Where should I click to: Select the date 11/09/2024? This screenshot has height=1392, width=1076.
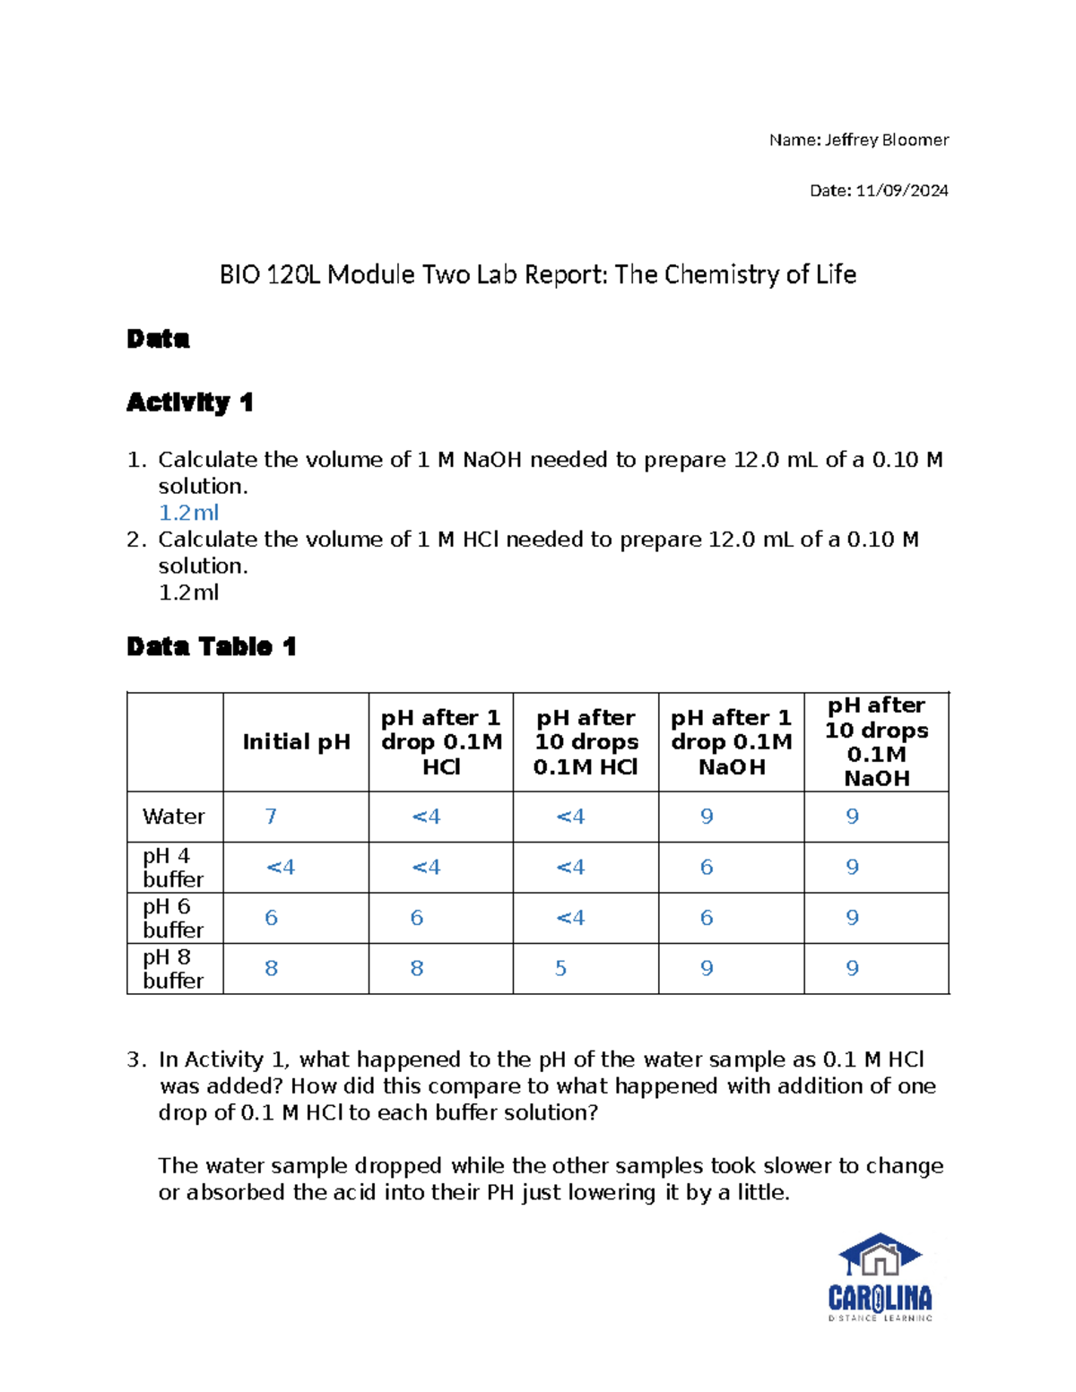[x=902, y=190]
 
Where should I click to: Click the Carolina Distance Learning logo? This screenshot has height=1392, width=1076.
[x=880, y=1277]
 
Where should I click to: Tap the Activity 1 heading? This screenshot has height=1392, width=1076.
[x=189, y=402]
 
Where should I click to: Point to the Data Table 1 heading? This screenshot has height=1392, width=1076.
[x=211, y=646]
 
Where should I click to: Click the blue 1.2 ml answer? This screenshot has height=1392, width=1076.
[x=188, y=513]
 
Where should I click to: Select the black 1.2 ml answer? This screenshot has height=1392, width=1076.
[x=188, y=592]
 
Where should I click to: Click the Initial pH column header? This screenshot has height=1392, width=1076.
[x=296, y=742]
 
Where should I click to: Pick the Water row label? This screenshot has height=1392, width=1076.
[x=173, y=817]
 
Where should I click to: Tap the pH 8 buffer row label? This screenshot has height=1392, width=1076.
[x=173, y=969]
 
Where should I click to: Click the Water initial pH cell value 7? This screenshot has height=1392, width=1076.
[x=271, y=817]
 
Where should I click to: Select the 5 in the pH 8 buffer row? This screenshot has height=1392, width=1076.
[x=560, y=969]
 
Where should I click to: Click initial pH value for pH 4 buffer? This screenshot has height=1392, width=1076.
[x=280, y=868]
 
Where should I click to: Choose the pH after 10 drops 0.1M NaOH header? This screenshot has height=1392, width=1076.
[x=876, y=742]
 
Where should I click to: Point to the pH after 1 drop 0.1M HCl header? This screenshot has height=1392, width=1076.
[x=440, y=742]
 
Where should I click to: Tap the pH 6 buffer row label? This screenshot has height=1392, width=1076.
[x=173, y=918]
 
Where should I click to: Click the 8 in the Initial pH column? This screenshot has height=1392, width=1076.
[x=271, y=969]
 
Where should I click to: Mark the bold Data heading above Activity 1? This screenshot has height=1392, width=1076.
[x=158, y=339]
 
